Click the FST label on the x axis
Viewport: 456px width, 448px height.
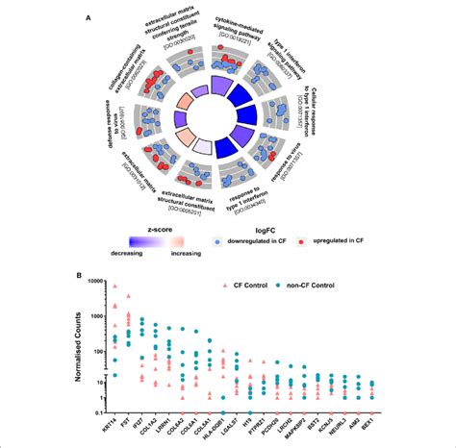click(130, 420)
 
